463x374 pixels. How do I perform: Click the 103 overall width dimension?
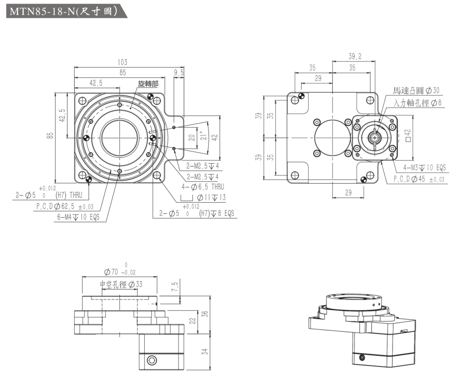click(x=122, y=62)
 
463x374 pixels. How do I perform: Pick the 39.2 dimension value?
click(x=355, y=56)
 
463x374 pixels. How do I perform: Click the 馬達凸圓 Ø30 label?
click(x=416, y=90)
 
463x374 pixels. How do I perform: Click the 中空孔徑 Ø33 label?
click(x=121, y=285)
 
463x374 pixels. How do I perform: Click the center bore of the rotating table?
click(x=120, y=137)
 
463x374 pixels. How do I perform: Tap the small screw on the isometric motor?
click(x=362, y=356)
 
